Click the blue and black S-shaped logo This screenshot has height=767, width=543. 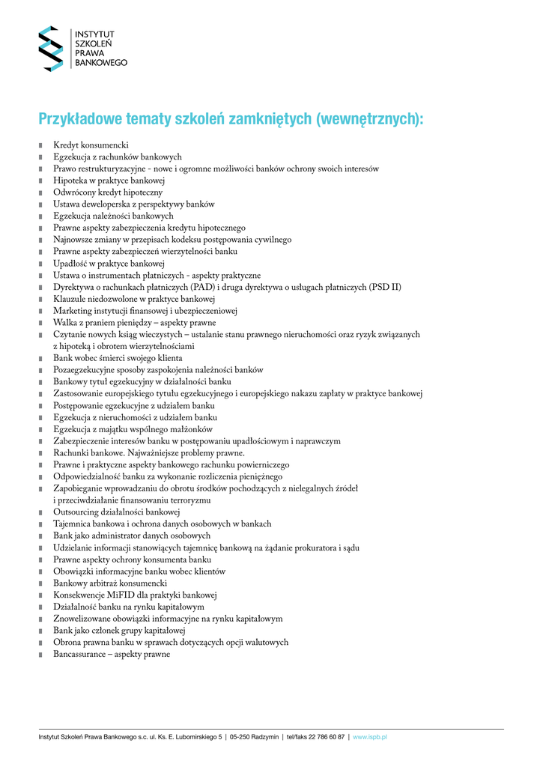pos(52,49)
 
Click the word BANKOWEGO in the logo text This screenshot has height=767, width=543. pos(101,63)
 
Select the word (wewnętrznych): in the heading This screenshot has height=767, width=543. pos(369,120)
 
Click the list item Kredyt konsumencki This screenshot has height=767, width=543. pos(91,145)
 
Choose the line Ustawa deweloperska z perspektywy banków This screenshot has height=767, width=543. pos(134,204)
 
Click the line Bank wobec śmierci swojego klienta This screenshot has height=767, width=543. pos(118,359)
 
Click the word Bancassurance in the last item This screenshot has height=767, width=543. pos(78,655)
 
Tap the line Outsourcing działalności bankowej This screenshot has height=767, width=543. pos(116,512)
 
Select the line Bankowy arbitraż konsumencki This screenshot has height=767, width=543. pos(110,583)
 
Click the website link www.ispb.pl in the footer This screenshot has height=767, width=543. pos(369,738)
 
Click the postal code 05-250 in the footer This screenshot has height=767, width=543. pos(243,738)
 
